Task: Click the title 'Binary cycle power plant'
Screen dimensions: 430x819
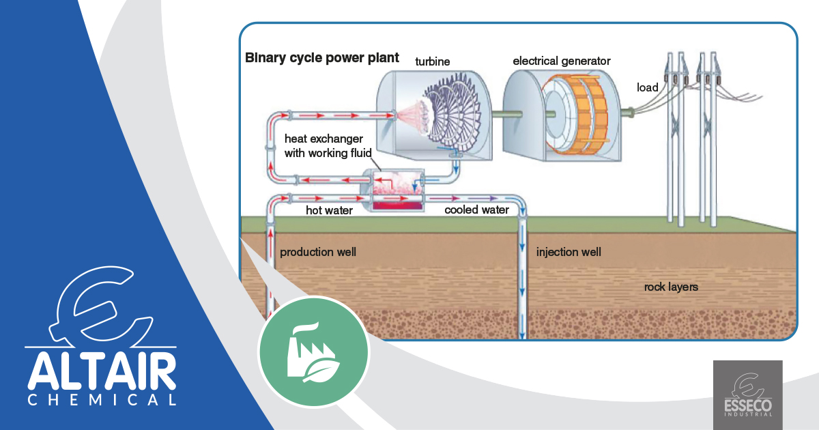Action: pos(321,57)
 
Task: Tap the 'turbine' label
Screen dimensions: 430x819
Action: pos(433,61)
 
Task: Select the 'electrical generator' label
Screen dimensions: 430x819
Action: pos(562,61)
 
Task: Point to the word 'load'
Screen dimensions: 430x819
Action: pos(647,87)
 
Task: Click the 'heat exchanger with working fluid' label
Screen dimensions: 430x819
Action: pos(324,146)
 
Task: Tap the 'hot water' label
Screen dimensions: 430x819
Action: pos(329,211)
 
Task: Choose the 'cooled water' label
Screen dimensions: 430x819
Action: pos(476,210)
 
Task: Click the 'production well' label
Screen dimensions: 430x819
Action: pos(318,253)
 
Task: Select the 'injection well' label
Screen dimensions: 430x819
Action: pos(569,253)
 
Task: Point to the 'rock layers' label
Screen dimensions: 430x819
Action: pos(671,287)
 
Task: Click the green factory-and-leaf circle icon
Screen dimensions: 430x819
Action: pos(313,352)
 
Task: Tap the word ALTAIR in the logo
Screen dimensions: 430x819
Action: pos(102,373)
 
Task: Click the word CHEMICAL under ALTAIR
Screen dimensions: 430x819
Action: pos(102,400)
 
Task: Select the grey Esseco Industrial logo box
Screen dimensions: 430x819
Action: pos(747,394)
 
